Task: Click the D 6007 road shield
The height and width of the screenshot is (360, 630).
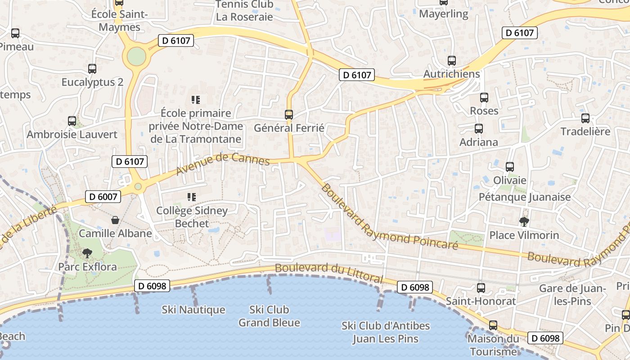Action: click(103, 196)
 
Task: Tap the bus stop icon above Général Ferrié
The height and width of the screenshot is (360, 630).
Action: click(289, 115)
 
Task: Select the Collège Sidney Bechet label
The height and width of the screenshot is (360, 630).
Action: click(192, 217)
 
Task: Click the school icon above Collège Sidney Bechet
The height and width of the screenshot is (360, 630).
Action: click(192, 197)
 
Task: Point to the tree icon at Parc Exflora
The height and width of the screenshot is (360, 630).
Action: click(87, 253)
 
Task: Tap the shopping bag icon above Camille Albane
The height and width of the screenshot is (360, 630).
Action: click(116, 220)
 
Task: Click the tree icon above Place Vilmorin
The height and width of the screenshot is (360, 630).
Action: click(524, 221)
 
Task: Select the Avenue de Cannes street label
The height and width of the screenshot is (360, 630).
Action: click(223, 164)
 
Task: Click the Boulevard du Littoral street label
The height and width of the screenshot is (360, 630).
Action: click(328, 273)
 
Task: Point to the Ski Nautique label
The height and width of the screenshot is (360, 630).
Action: click(193, 310)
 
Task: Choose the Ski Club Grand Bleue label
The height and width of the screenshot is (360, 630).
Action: click(269, 316)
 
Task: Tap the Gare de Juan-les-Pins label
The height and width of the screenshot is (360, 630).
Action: click(573, 294)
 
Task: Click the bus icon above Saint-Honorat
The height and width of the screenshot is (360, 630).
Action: click(481, 288)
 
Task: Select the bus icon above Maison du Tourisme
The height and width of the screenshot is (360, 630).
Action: click(493, 325)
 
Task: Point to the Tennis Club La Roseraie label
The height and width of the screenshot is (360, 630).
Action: click(244, 11)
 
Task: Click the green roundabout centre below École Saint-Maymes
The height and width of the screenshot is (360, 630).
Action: click(137, 57)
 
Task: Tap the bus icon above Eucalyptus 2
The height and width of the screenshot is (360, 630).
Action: click(92, 69)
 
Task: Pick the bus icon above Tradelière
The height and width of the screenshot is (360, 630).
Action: click(585, 118)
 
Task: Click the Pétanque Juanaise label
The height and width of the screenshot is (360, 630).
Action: click(525, 197)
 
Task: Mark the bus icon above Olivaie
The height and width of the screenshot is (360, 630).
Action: click(510, 167)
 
